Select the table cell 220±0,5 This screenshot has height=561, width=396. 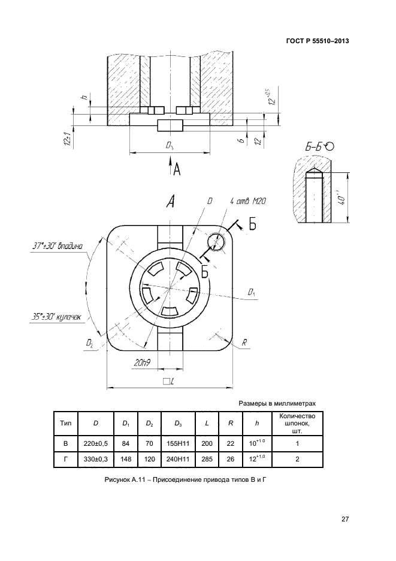coord(96,443)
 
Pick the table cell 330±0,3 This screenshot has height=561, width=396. coord(96,460)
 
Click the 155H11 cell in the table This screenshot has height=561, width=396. coord(179,443)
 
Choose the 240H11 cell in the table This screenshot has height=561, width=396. coord(179,460)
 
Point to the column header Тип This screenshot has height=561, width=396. coord(65,424)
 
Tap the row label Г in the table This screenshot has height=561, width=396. coord(65,460)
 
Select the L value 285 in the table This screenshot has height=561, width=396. coord(207,460)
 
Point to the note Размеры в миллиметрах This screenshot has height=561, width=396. coord(277,404)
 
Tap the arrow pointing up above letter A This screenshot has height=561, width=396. coord(171,164)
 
